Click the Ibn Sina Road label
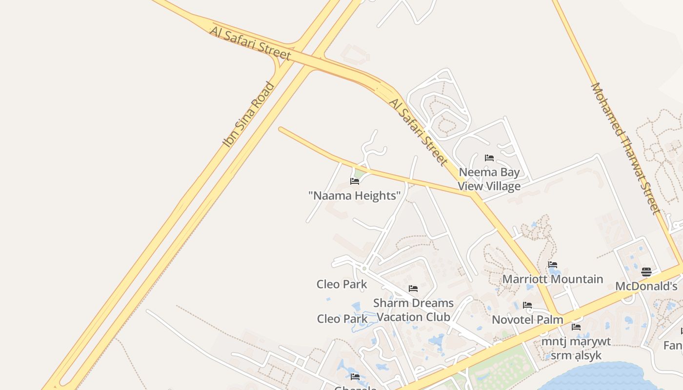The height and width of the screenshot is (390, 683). tap(249, 115)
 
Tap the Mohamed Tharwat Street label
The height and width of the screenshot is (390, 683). tap(625, 148)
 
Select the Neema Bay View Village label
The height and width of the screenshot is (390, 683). tap(489, 179)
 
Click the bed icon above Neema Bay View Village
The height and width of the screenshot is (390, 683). tap(489, 157)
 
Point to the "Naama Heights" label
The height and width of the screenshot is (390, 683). tap(355, 196)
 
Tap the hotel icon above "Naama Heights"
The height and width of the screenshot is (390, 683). tap(355, 181)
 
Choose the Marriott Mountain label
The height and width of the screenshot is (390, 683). tap(553, 279)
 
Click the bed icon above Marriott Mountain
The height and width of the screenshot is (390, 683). tap(553, 265)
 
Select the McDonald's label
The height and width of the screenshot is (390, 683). tap(646, 286)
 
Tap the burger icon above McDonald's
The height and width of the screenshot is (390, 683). tap(646, 272)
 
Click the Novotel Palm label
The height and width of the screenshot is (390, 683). tap(527, 320)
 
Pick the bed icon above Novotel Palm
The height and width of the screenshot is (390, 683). tap(527, 305)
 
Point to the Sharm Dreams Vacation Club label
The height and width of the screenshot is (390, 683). tap(413, 310)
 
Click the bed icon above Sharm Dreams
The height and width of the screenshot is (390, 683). tap(413, 288)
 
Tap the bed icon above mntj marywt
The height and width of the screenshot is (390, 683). tap(576, 327)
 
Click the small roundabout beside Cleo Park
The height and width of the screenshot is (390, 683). tap(364, 268)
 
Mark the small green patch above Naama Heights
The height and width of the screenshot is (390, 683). tap(360, 173)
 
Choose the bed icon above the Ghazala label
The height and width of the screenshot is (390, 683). tap(355, 376)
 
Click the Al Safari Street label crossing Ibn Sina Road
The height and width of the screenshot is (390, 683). tap(251, 43)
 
